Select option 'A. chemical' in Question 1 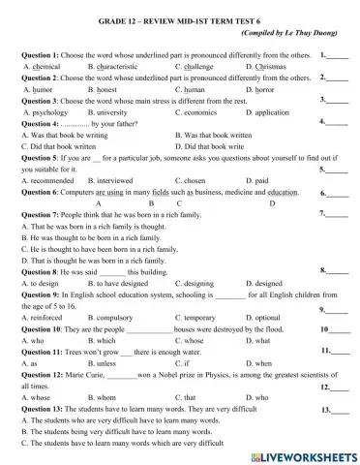43,67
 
